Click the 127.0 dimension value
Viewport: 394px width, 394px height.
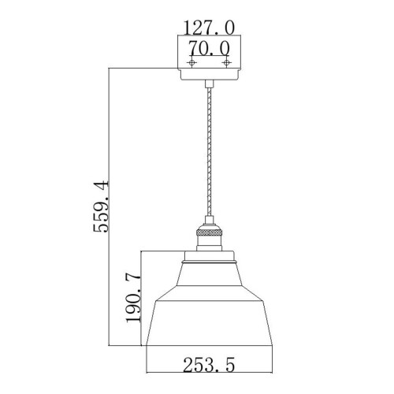[x=209, y=28]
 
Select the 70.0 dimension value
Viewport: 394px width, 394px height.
[x=209, y=47]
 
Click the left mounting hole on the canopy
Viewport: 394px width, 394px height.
[x=191, y=62]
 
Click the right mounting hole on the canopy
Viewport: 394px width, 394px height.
[x=226, y=62]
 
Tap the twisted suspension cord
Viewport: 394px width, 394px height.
[x=209, y=158]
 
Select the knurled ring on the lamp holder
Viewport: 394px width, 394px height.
[x=209, y=233]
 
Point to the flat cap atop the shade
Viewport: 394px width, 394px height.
[x=209, y=256]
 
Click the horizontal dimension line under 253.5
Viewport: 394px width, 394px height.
[x=209, y=374]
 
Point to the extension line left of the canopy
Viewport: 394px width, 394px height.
[x=142, y=69]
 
